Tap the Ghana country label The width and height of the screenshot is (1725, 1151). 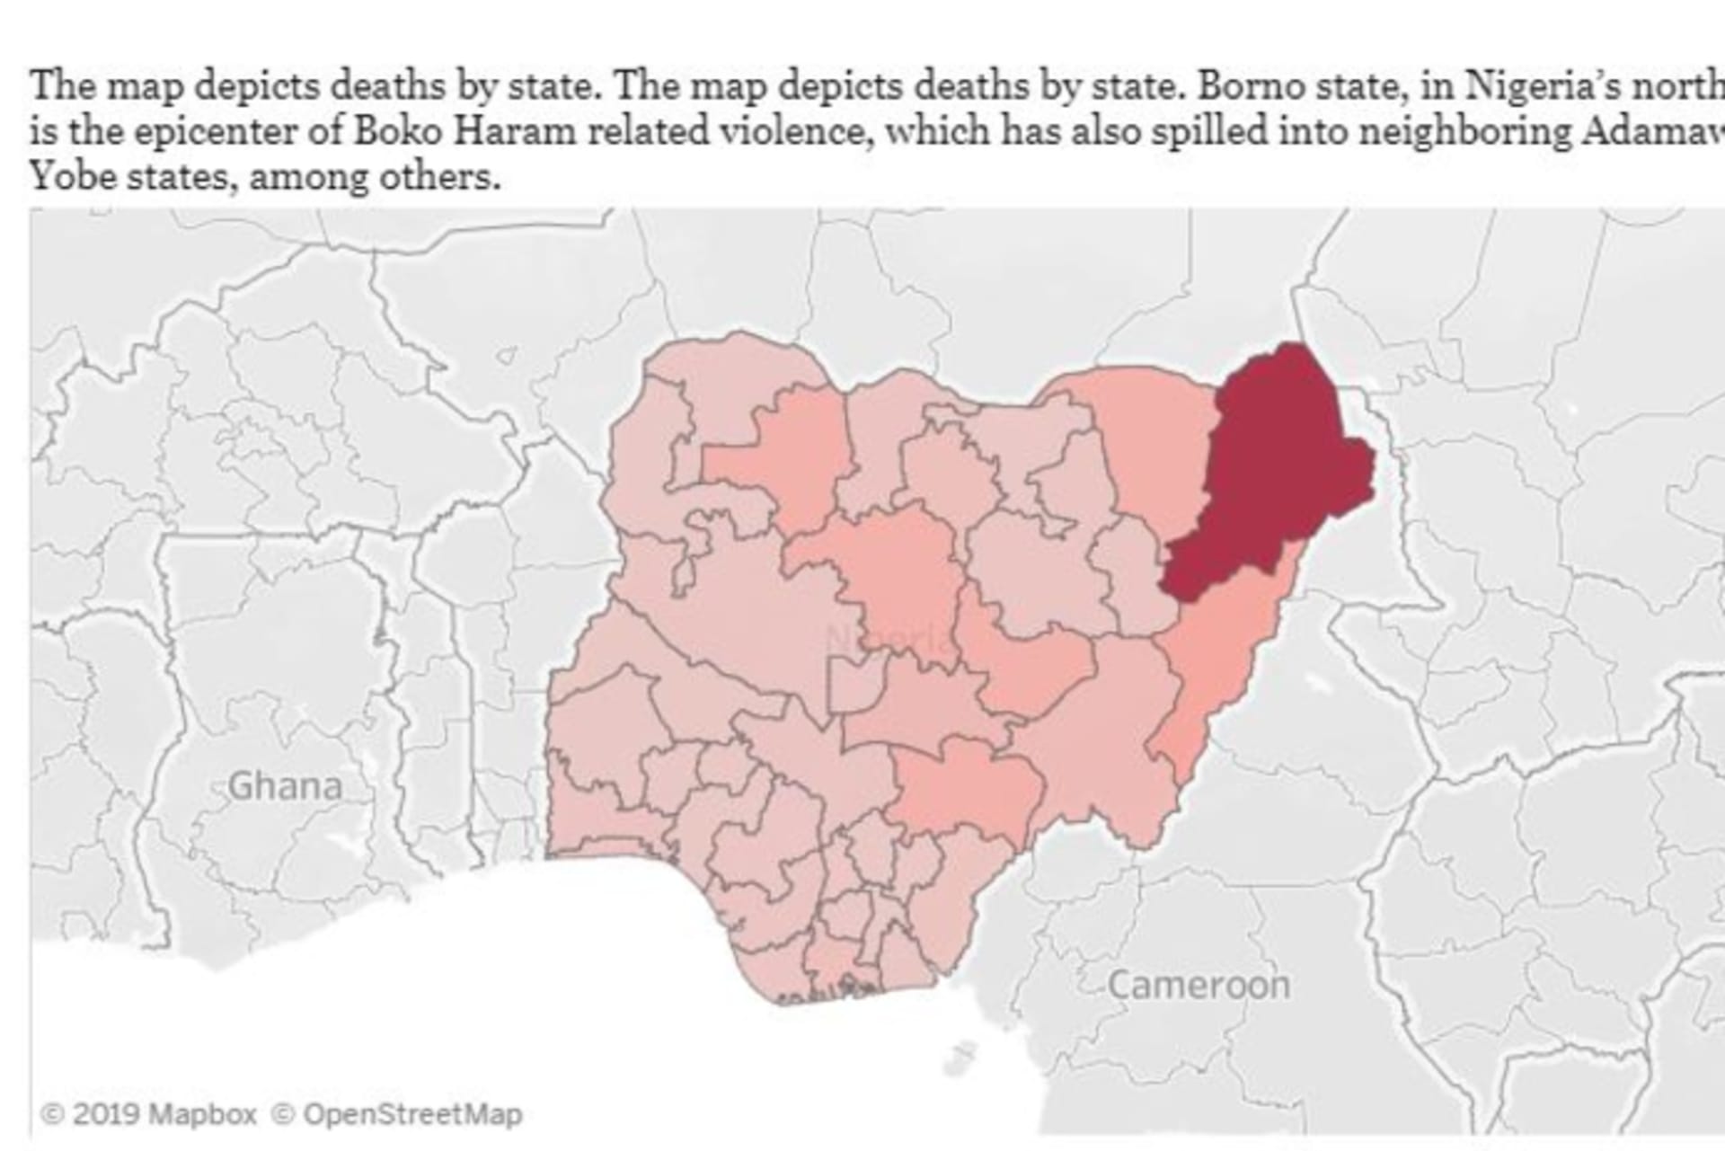point(285,786)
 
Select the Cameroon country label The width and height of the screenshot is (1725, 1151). point(1199,985)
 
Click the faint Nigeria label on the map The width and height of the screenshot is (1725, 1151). point(885,641)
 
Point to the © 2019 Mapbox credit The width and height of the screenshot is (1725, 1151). point(149,1115)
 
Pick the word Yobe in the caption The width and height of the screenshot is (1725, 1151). point(74,176)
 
